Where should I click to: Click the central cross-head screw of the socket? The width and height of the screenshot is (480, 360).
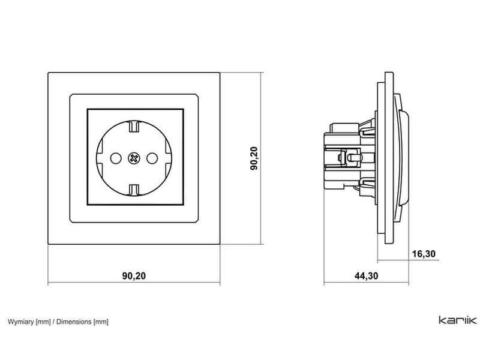(134, 158)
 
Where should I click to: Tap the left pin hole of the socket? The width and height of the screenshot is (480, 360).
(116, 158)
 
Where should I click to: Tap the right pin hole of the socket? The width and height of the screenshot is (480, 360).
(152, 158)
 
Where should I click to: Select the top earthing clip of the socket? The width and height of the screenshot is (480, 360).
(134, 126)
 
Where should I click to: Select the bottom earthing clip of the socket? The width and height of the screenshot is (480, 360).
(134, 190)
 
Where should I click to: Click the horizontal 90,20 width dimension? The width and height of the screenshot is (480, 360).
(134, 275)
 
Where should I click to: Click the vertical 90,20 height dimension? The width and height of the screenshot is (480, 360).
(254, 158)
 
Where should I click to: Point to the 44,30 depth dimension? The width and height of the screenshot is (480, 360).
(366, 275)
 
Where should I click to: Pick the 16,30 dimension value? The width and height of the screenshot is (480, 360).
(424, 254)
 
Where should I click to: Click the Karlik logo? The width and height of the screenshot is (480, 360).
(458, 320)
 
